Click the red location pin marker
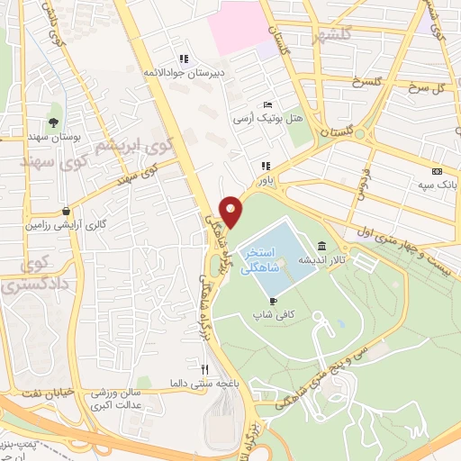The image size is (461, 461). click(x=231, y=211)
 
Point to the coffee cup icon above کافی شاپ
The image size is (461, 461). click(x=273, y=300)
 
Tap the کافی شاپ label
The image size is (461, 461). click(x=273, y=316)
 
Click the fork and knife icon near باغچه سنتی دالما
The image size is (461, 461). click(x=204, y=368)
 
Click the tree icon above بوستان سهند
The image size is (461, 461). click(x=55, y=122)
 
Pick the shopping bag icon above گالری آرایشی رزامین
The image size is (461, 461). click(x=66, y=211)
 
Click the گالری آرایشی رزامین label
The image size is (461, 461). click(x=66, y=226)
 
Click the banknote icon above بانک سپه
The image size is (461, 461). click(x=438, y=171)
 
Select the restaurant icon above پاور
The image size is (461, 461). click(x=265, y=166)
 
